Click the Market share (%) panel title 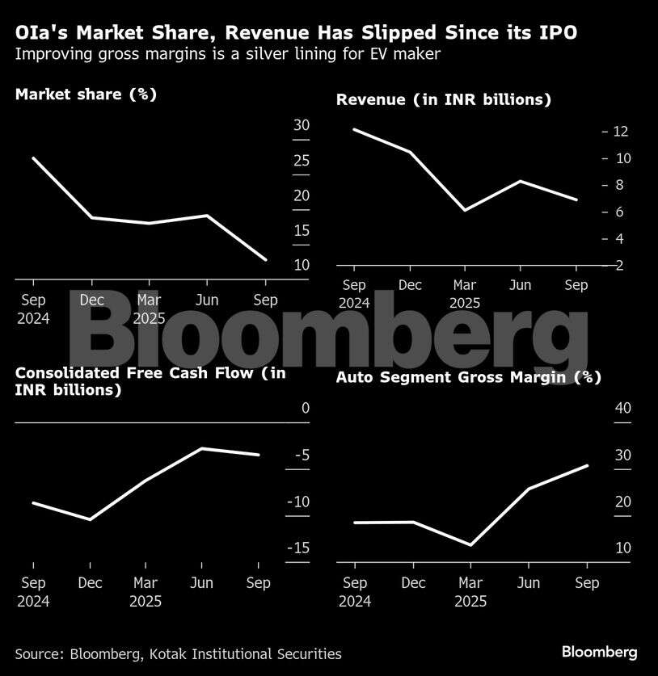[86, 94]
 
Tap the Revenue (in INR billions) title [444, 99]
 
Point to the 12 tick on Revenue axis [621, 132]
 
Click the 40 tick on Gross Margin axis [622, 408]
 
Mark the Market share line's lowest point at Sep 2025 [265, 259]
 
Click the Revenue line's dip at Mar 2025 [464, 210]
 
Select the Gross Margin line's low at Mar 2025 [470, 545]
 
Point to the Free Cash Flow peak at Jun [201, 448]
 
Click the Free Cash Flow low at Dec [90, 519]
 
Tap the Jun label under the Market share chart [208, 300]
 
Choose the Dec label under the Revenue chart [411, 285]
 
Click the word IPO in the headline [559, 33]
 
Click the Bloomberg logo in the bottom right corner [599, 652]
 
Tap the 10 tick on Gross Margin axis [622, 548]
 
